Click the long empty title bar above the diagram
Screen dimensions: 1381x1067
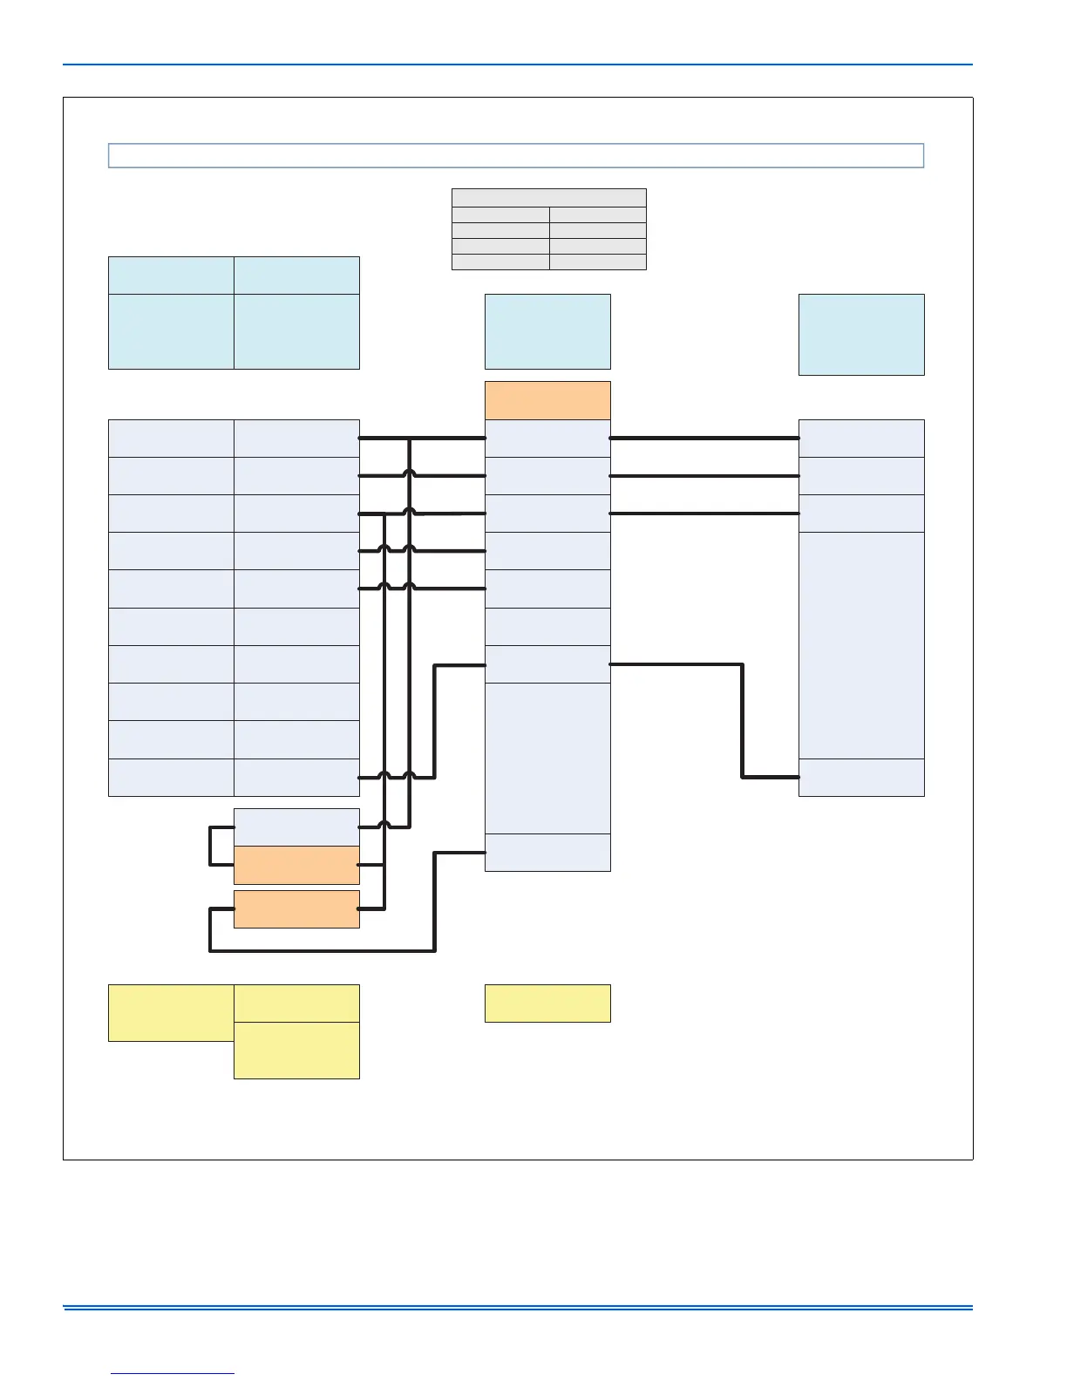(x=515, y=155)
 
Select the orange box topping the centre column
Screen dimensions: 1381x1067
(x=547, y=400)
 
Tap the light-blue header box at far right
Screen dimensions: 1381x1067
(x=861, y=335)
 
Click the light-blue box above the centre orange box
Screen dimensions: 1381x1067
(x=547, y=331)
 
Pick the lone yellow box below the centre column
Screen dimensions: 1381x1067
(x=547, y=1003)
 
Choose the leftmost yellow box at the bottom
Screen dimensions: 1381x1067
(x=171, y=1012)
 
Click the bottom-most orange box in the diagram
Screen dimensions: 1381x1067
(x=296, y=908)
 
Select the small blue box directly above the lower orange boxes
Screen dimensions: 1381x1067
(x=296, y=827)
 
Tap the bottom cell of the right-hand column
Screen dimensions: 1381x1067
(x=861, y=777)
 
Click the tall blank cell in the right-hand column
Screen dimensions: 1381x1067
(x=861, y=645)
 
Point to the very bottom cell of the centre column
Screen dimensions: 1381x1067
(x=547, y=852)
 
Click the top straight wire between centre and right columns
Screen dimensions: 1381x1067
(x=704, y=438)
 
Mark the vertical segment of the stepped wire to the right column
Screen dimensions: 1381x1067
(x=743, y=720)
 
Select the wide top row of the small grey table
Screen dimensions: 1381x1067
(x=549, y=198)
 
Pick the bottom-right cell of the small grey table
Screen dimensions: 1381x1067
(x=598, y=262)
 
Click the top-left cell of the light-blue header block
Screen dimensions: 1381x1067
(x=171, y=276)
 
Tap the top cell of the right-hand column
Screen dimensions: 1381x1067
(x=861, y=438)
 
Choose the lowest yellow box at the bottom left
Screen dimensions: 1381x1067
(x=296, y=1051)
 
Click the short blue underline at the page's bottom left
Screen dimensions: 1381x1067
(x=173, y=1374)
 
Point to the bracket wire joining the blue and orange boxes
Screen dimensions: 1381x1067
(x=210, y=846)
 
